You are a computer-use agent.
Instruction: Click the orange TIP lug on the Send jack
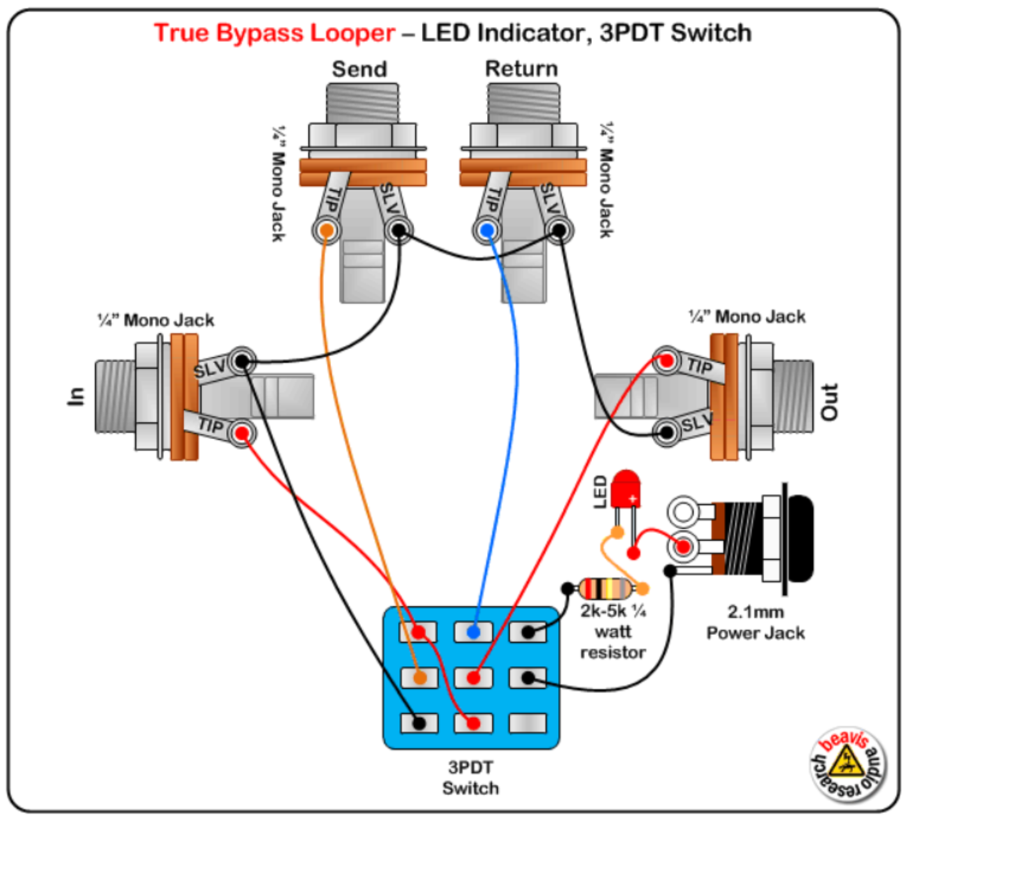pyautogui.click(x=326, y=230)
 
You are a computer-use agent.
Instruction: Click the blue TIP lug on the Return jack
pyautogui.click(x=487, y=230)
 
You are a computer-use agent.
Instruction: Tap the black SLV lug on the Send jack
pyautogui.click(x=399, y=230)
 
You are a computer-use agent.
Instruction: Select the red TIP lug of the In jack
pyautogui.click(x=242, y=434)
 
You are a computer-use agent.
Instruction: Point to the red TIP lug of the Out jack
pyautogui.click(x=667, y=361)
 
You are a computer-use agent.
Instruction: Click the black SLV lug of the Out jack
pyautogui.click(x=667, y=433)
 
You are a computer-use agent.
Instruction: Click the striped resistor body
pyautogui.click(x=606, y=588)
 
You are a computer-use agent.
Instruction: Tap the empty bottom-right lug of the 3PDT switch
pyautogui.click(x=527, y=723)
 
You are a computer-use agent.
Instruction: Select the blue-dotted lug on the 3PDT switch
pyautogui.click(x=473, y=632)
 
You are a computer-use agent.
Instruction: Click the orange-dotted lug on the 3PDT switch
pyautogui.click(x=419, y=677)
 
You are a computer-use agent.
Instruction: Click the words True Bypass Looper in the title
pyautogui.click(x=274, y=33)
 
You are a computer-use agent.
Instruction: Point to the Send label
pyautogui.click(x=359, y=69)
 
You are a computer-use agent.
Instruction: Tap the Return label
pyautogui.click(x=521, y=68)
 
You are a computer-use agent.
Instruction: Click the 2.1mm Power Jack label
pyautogui.click(x=756, y=622)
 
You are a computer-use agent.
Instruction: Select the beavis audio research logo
pyautogui.click(x=848, y=764)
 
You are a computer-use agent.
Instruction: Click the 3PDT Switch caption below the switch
pyautogui.click(x=471, y=777)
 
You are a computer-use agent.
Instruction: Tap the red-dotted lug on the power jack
pyautogui.click(x=683, y=546)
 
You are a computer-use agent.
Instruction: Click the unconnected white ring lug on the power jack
pyautogui.click(x=683, y=511)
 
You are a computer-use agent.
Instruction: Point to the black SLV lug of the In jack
pyautogui.click(x=242, y=362)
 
